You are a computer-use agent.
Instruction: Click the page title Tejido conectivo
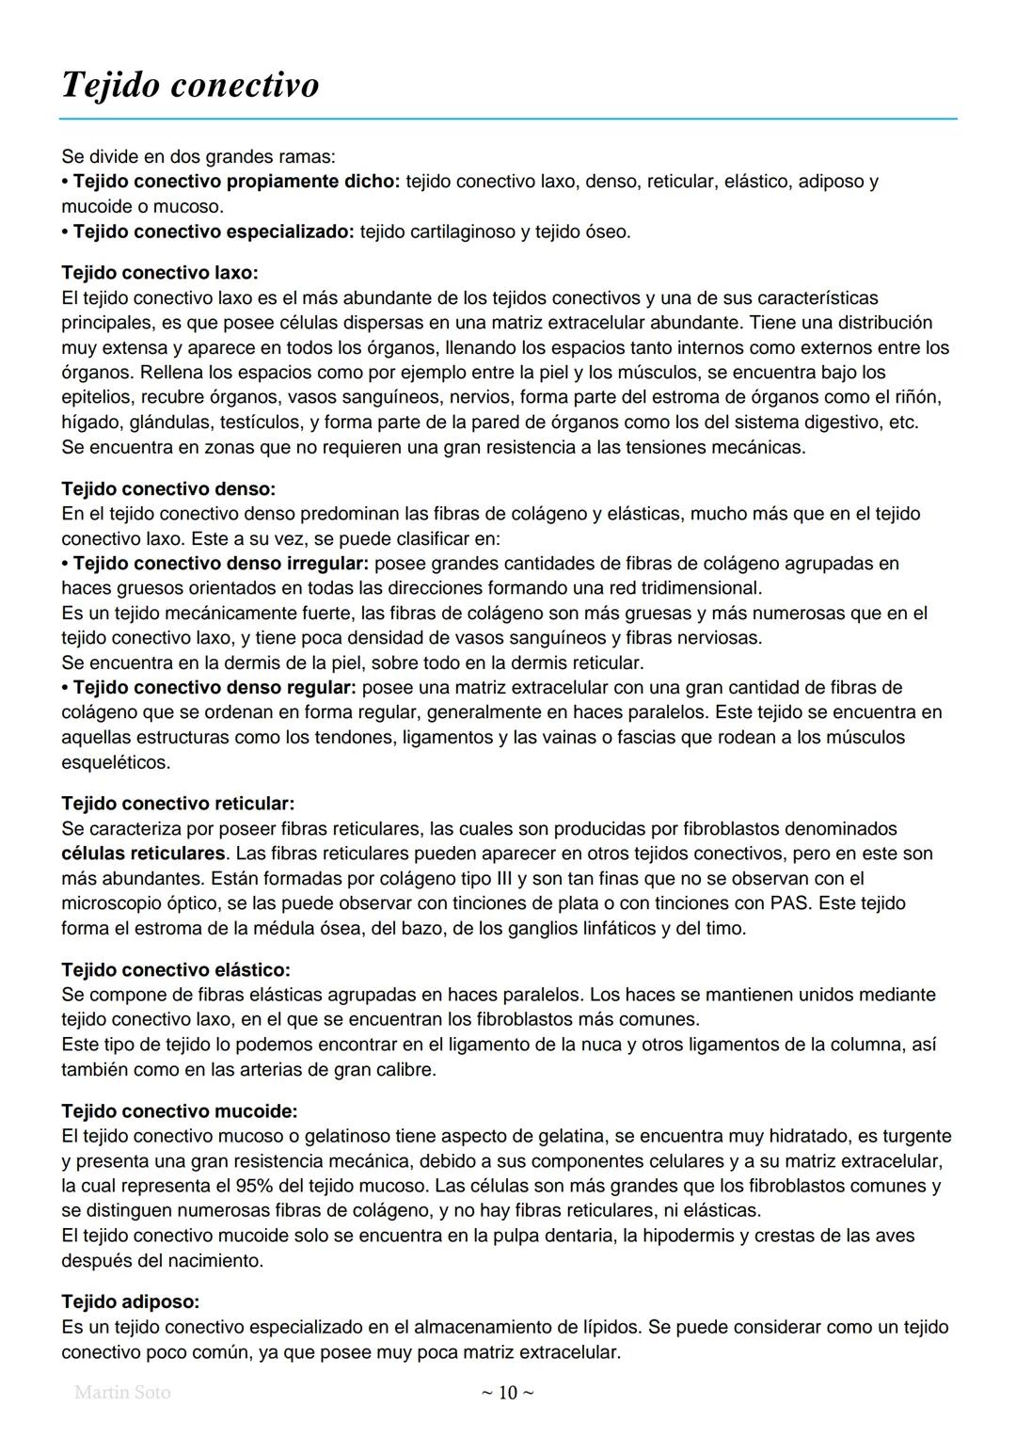pos(190,85)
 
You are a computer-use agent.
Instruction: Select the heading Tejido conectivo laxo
pos(159,273)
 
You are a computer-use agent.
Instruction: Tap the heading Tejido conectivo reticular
pos(178,804)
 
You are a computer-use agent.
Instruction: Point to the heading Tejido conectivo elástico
pos(175,969)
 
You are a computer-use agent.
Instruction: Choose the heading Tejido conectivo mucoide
pos(179,1111)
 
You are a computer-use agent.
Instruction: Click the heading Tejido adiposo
pos(130,1301)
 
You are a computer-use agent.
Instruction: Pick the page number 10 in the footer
pos(507,1393)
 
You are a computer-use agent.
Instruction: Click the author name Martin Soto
pos(122,1392)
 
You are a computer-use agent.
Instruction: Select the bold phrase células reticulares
pos(144,854)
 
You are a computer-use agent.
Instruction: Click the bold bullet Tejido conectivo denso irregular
pos(221,564)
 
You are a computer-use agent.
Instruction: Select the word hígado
pos(88,423)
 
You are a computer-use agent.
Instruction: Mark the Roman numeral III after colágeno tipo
pos(508,879)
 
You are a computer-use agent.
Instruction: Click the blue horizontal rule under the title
pos(508,120)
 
